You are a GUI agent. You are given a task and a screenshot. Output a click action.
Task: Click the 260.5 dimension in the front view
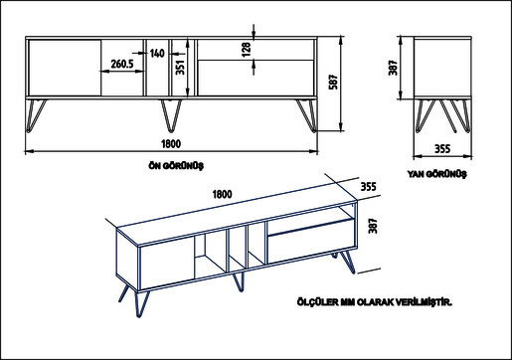tap(122, 65)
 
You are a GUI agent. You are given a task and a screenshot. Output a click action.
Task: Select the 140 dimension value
tap(156, 53)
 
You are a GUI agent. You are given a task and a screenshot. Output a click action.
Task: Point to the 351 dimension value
tap(180, 68)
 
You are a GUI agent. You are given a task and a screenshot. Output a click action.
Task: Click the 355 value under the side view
tap(444, 148)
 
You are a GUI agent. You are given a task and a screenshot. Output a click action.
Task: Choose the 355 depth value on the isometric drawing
tap(368, 185)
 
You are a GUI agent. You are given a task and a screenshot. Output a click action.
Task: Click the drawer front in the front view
tap(255, 78)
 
